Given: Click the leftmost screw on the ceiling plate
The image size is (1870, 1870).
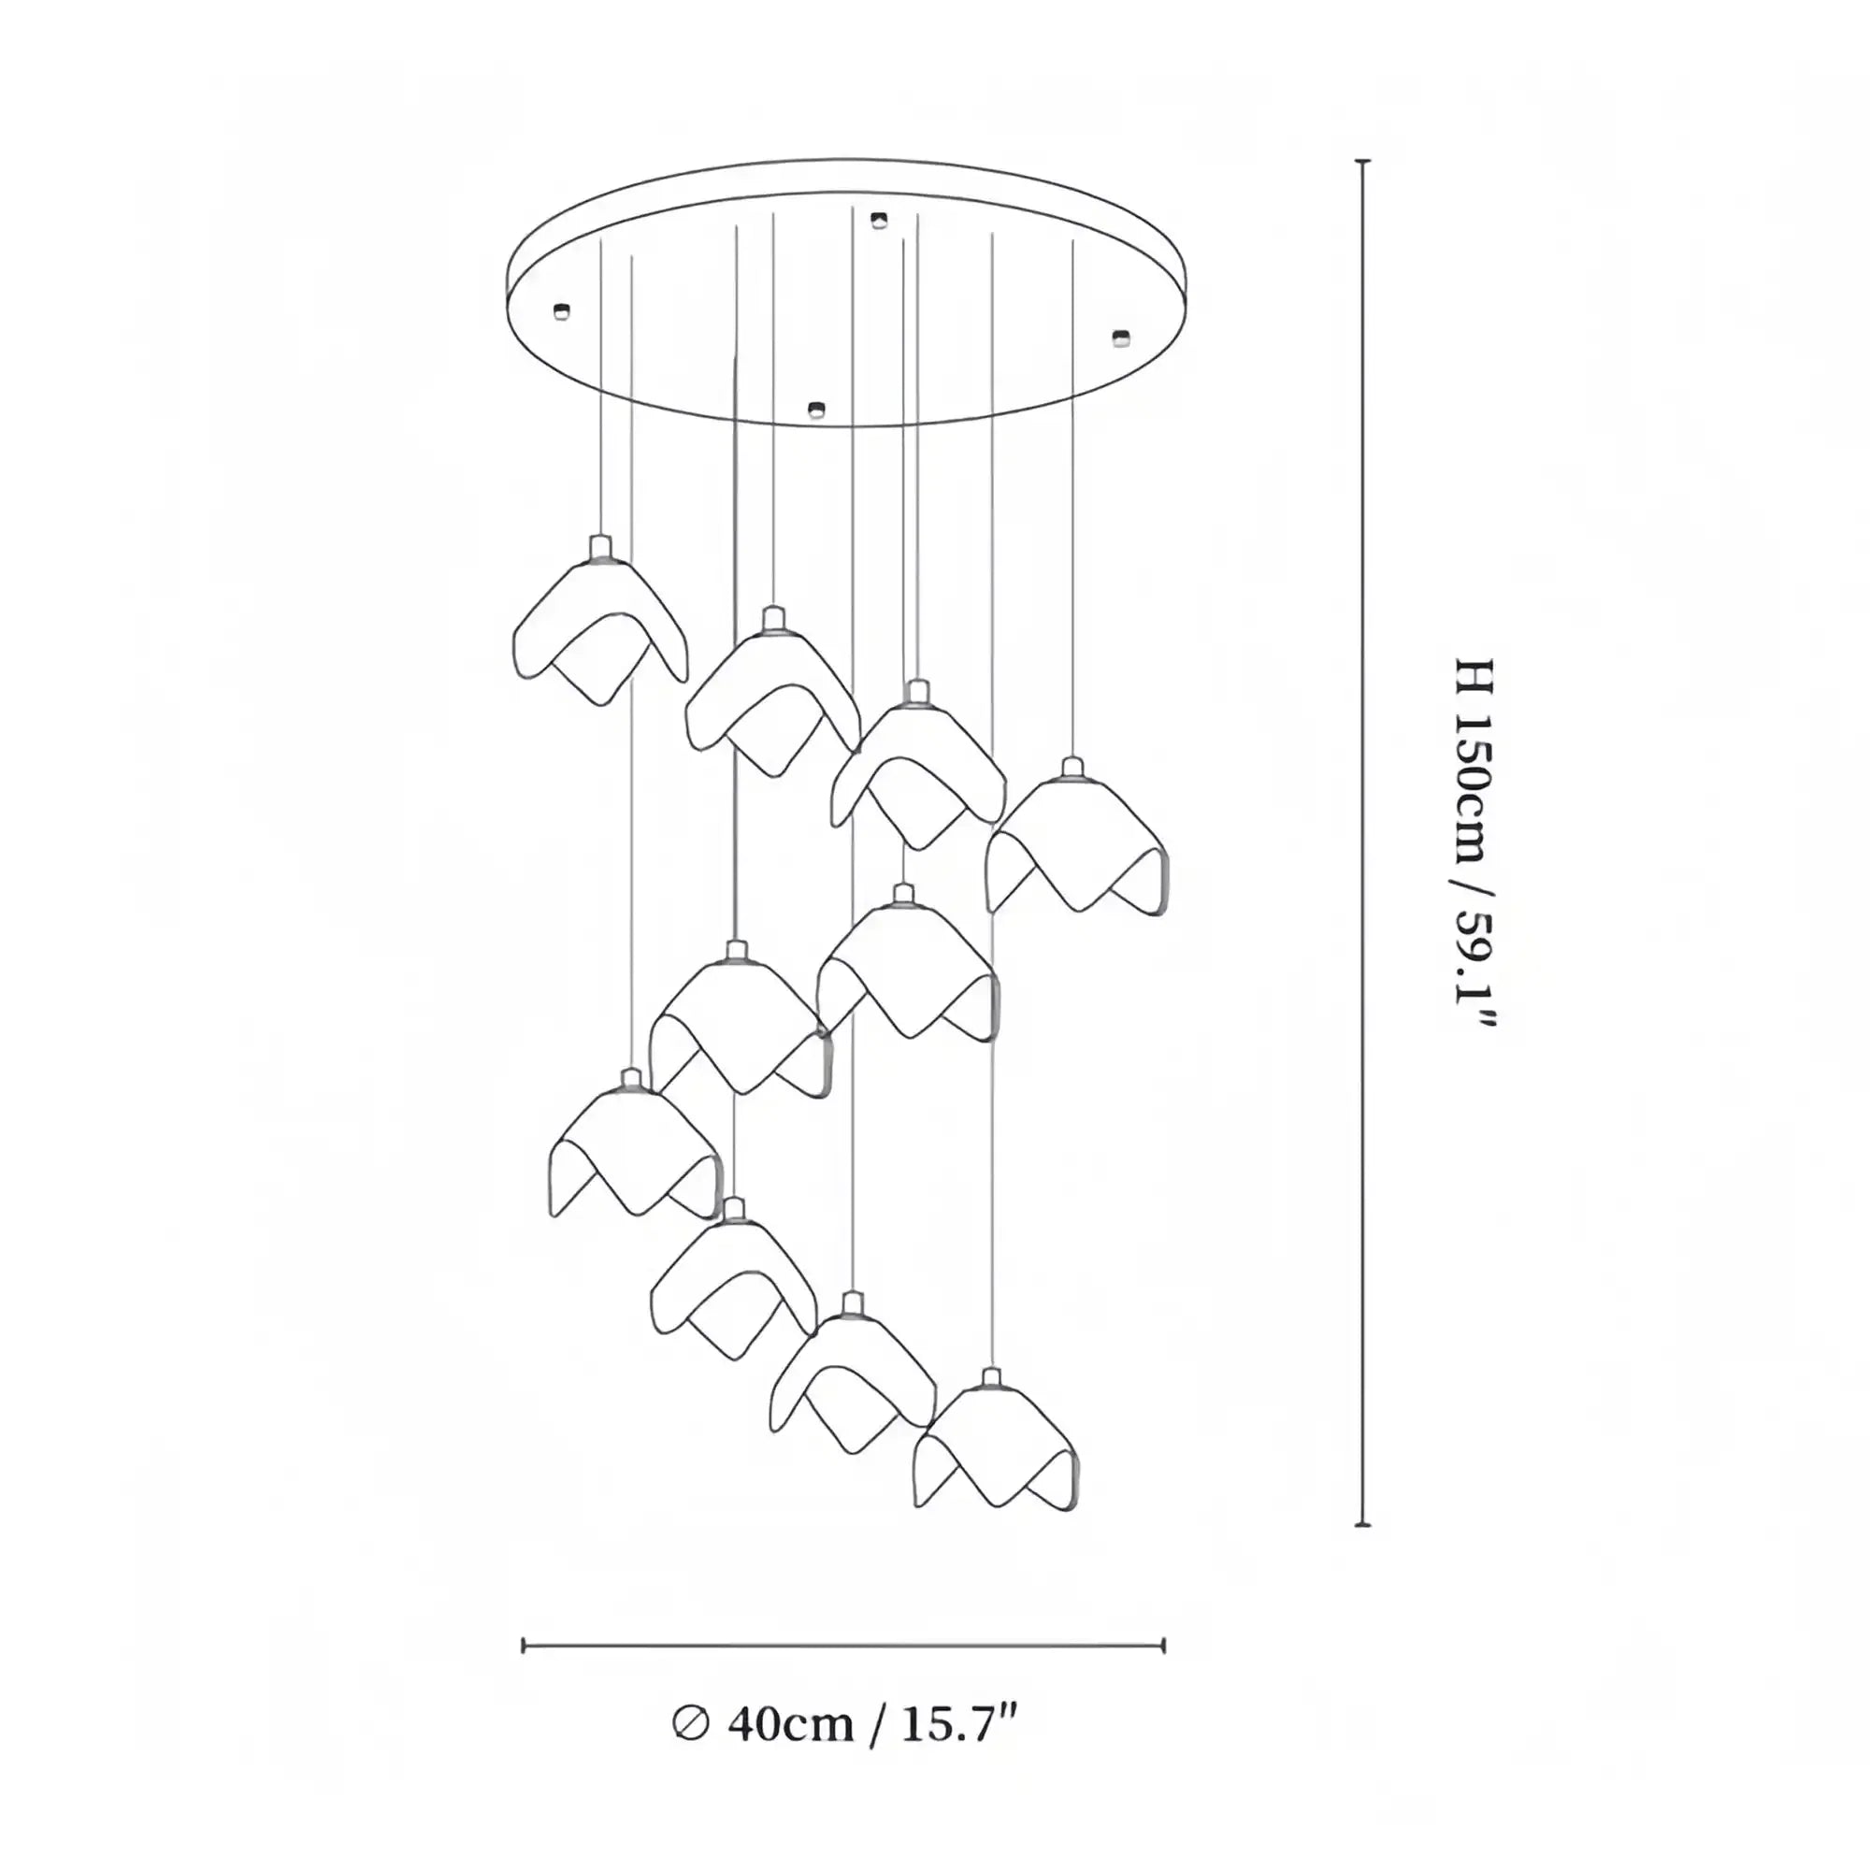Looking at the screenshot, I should (560, 310).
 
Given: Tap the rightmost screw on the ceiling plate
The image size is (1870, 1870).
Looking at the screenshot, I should (1121, 337).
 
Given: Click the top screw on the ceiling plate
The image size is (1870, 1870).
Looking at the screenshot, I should (878, 221).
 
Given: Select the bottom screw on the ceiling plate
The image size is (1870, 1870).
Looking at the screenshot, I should (816, 410).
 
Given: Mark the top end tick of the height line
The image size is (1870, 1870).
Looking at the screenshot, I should (1363, 162).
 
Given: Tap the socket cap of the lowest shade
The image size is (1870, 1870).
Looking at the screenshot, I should (990, 1378).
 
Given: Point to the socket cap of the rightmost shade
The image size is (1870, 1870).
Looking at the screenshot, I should (1071, 769).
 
